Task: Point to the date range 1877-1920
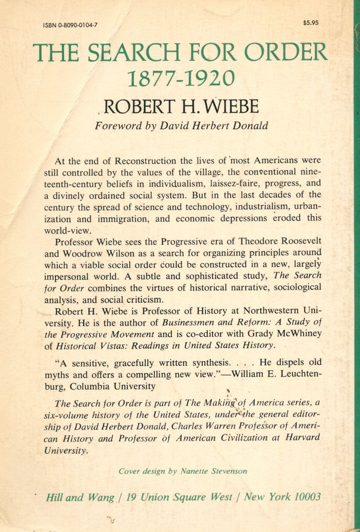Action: pyautogui.click(x=181, y=78)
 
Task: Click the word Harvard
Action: pyautogui.click(x=300, y=438)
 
